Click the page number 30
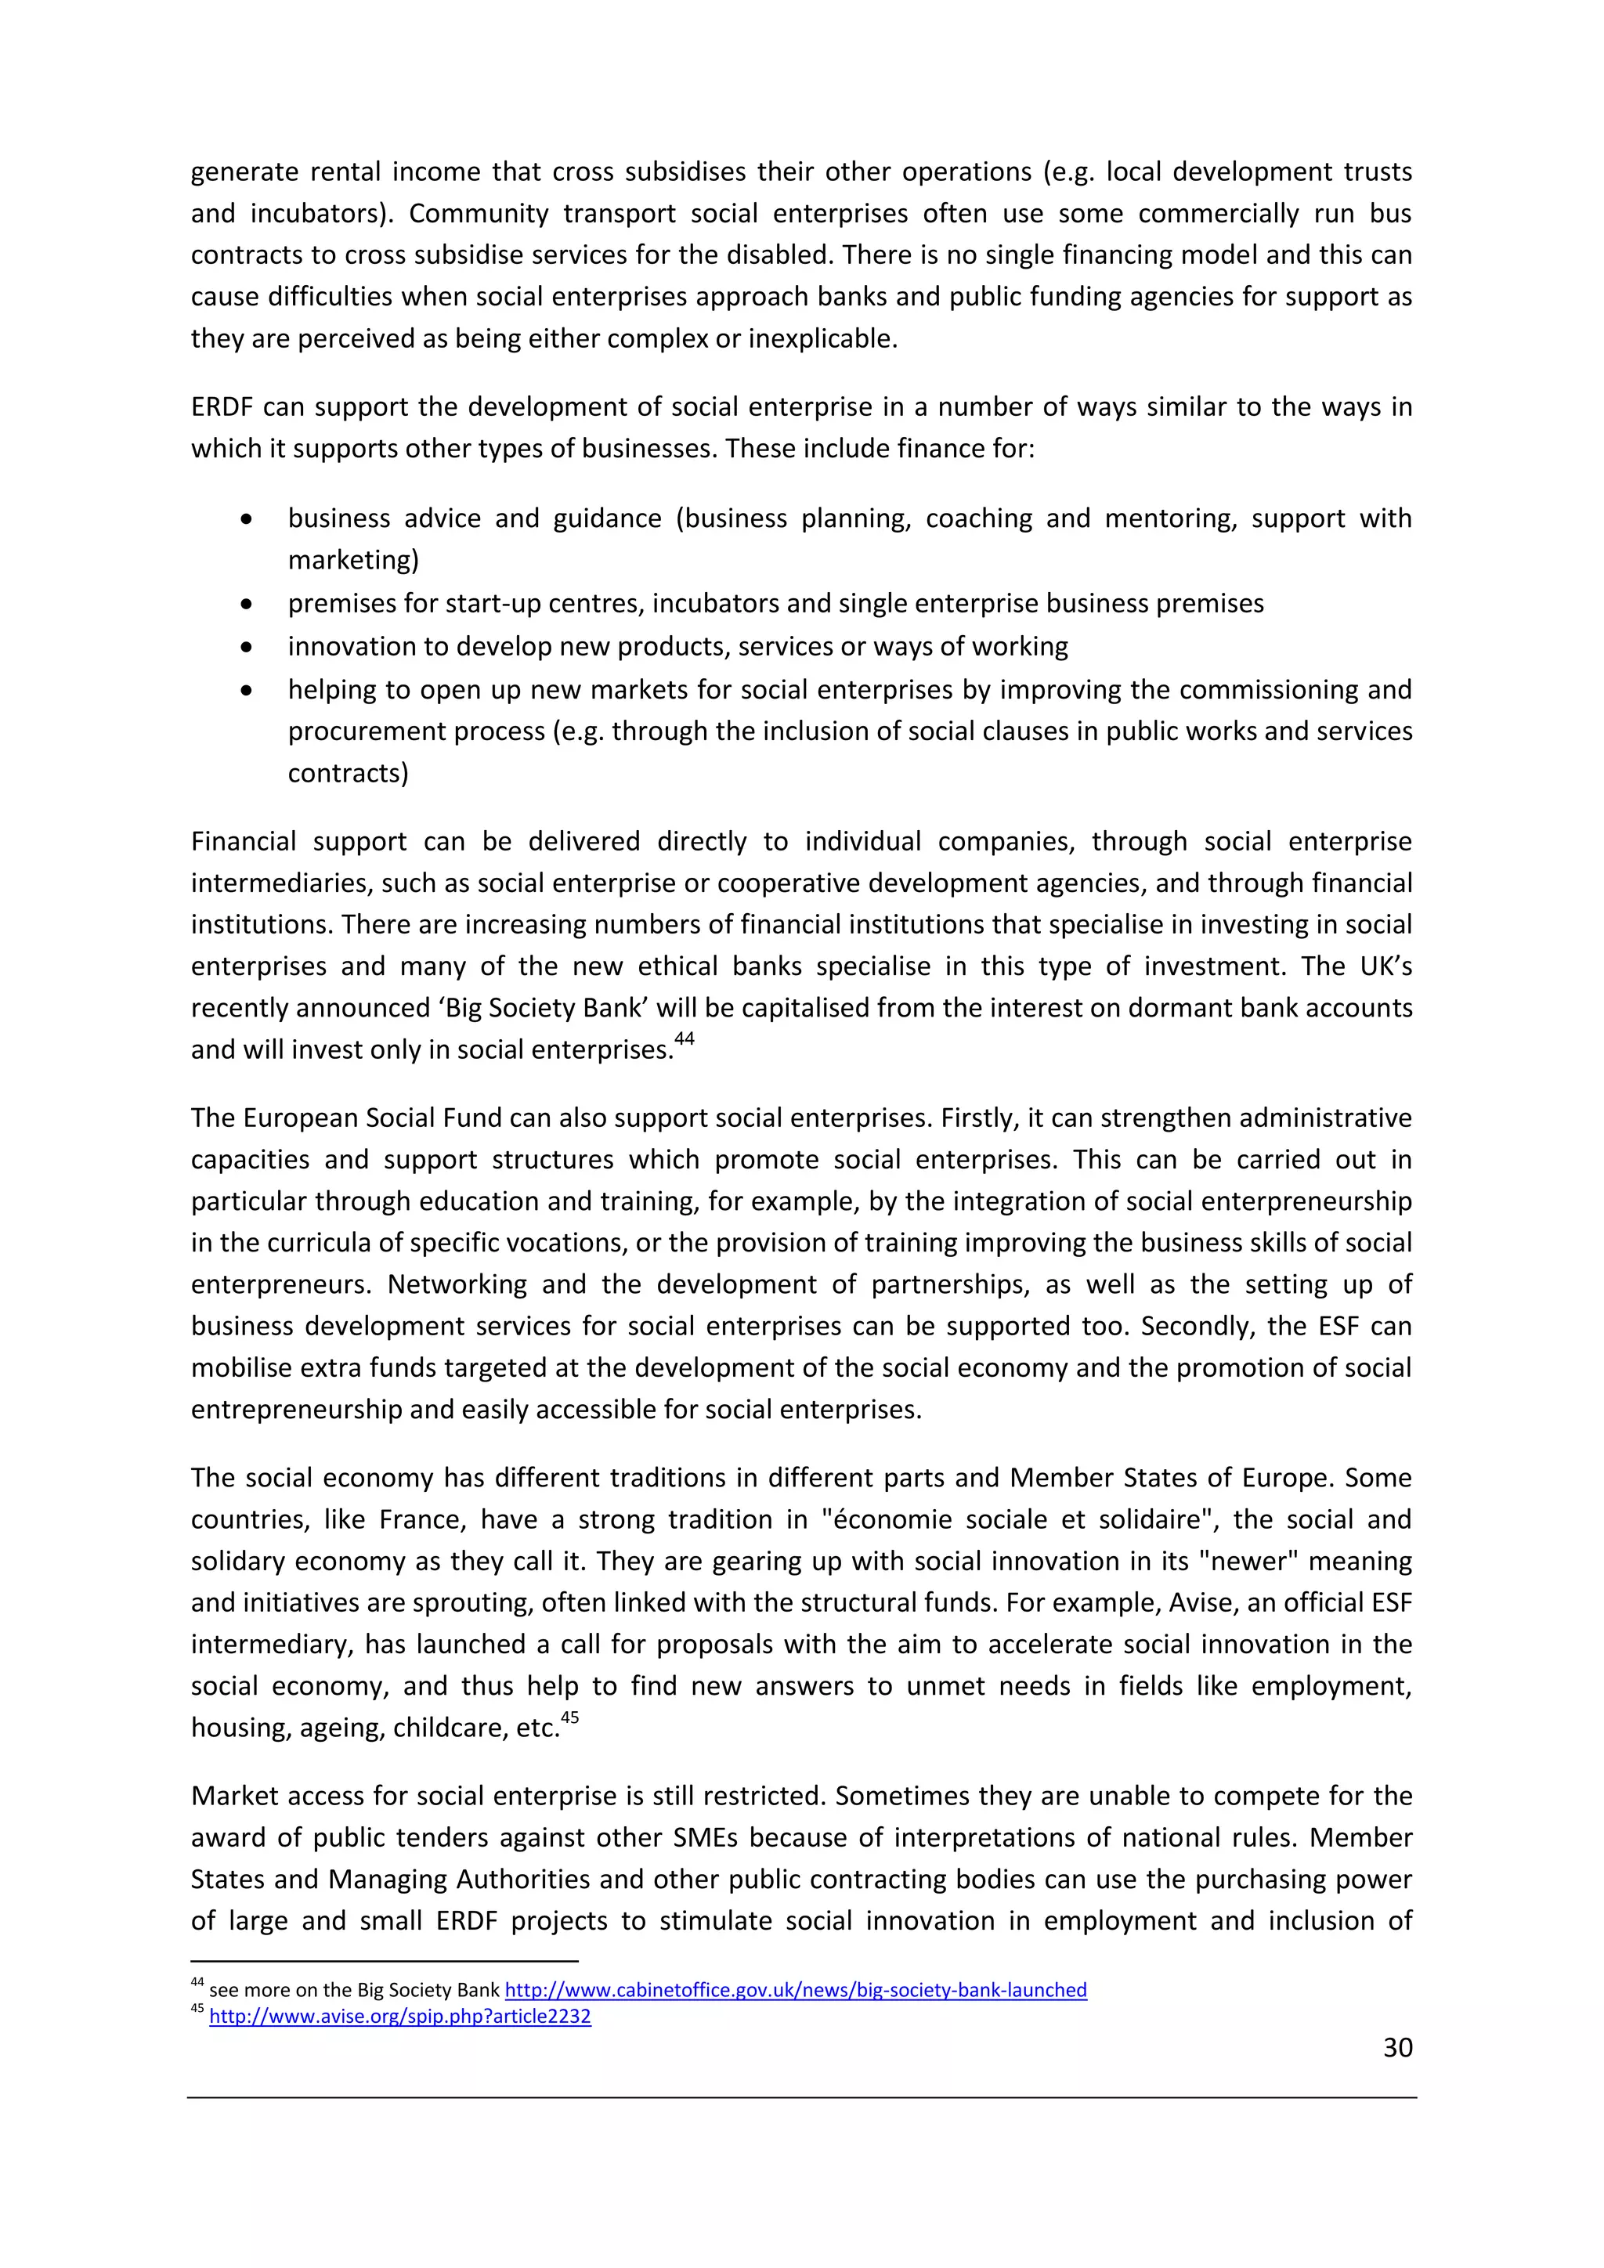1396,2048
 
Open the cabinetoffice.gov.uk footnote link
795,1991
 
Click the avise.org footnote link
400,2016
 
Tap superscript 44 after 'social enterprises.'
685,1038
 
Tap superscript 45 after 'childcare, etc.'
570,1717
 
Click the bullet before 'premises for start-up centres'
247,604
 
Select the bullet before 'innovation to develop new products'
247,647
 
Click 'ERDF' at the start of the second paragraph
222,407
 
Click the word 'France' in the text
417,1519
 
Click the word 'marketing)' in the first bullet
352,560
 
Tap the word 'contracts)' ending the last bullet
348,772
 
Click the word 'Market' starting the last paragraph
235,1796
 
